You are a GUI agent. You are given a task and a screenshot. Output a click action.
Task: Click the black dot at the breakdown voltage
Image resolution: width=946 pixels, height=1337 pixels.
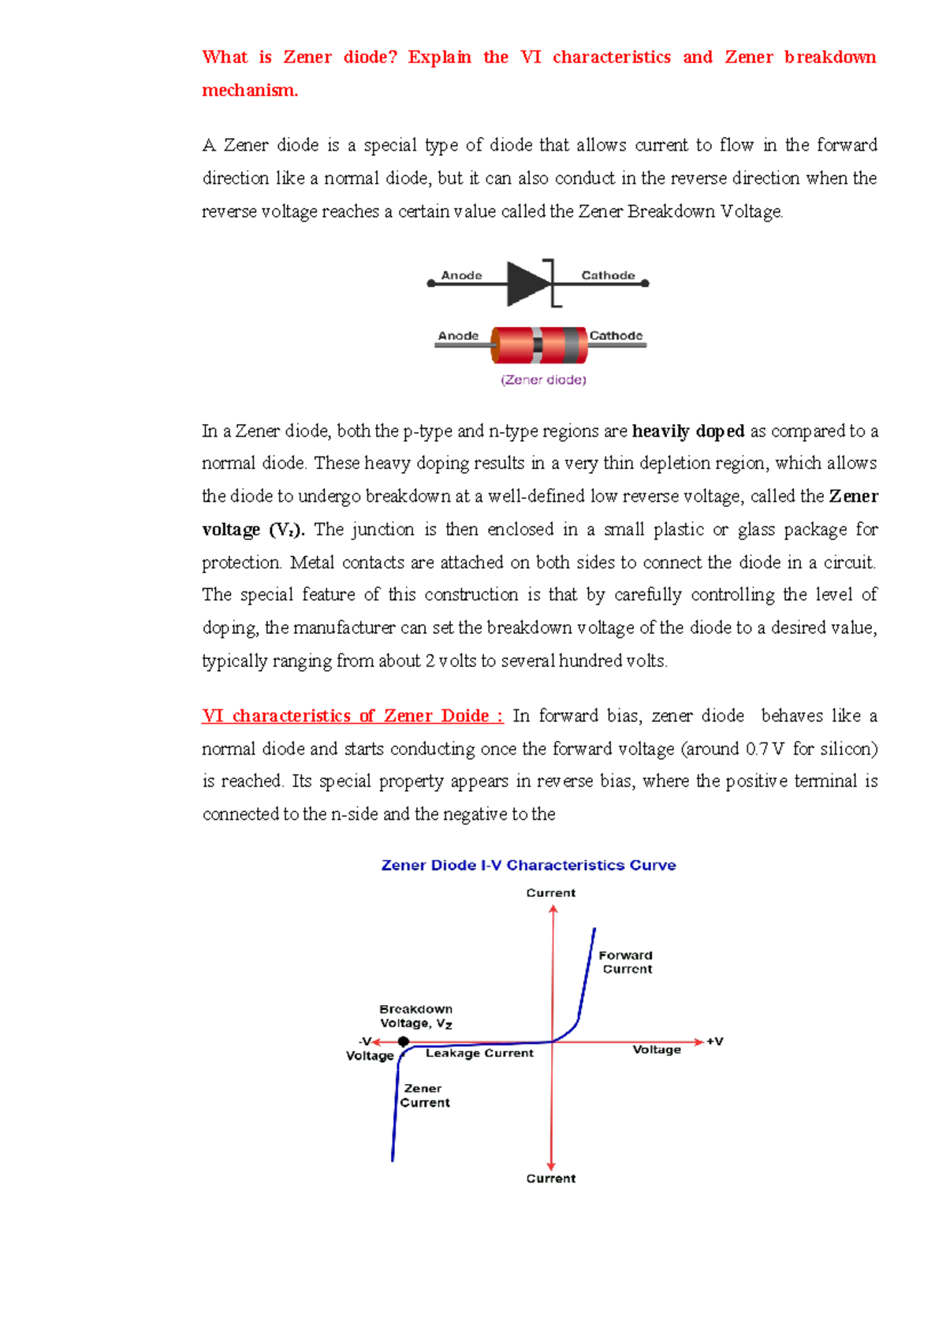[404, 1041]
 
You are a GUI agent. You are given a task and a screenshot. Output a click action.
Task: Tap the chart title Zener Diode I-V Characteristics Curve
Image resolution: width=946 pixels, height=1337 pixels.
[528, 865]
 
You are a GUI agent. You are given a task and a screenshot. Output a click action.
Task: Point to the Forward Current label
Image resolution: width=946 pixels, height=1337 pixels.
[626, 962]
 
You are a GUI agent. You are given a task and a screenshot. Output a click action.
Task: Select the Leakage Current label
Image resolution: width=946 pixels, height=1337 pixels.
[479, 1053]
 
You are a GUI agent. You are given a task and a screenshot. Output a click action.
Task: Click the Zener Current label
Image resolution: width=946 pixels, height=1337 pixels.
[424, 1096]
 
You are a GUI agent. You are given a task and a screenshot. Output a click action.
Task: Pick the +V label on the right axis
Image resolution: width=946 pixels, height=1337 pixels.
[714, 1041]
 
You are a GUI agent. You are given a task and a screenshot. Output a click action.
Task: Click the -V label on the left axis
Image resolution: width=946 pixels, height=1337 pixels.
[365, 1041]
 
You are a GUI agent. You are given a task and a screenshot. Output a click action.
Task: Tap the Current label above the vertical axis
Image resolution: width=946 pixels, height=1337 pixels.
[551, 893]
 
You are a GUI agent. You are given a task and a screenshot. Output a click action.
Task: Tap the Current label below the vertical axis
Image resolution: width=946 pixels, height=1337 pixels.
[551, 1179]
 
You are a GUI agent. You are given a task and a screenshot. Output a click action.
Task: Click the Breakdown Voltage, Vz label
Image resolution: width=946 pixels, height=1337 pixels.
[416, 1016]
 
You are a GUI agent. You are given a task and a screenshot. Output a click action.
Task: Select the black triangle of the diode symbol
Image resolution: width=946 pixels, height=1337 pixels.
[527, 283]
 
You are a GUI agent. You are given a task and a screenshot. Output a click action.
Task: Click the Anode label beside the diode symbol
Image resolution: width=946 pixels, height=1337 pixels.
[461, 275]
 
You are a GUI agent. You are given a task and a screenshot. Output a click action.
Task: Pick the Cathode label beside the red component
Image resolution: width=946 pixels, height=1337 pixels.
[616, 335]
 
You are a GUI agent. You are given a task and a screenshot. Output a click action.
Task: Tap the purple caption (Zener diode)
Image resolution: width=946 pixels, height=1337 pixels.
[543, 380]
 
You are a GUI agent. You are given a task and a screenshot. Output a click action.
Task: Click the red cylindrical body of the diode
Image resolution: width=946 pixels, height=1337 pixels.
[512, 345]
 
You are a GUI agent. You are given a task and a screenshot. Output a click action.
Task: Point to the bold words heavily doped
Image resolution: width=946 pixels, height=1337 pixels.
[688, 431]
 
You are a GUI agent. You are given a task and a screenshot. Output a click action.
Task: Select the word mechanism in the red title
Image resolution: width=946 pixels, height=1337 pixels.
[249, 91]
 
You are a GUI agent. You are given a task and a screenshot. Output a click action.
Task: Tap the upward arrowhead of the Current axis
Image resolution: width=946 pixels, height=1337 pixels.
[553, 909]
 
